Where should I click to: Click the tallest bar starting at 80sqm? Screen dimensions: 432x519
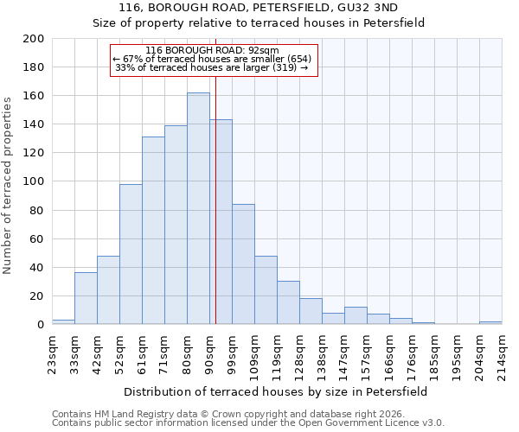click(x=198, y=208)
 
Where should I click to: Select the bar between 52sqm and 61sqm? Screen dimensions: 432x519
click(x=131, y=254)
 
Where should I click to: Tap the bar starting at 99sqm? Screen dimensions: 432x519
click(x=243, y=264)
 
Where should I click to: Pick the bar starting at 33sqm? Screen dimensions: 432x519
click(x=86, y=298)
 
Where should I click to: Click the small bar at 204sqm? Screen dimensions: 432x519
click(x=490, y=322)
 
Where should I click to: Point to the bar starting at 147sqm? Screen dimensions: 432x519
click(x=356, y=315)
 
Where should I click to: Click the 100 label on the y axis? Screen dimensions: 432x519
click(x=34, y=181)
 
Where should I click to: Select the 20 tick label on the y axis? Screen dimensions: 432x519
click(x=37, y=296)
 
